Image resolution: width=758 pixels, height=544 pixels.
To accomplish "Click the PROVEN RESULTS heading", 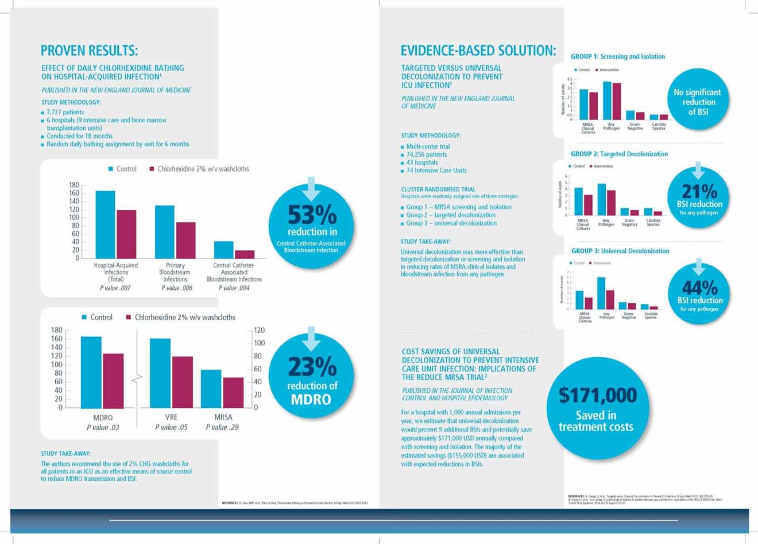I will point(90,51).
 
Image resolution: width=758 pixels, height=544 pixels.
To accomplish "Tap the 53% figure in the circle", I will point(312,215).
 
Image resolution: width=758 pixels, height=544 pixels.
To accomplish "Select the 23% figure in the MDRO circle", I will point(312,366).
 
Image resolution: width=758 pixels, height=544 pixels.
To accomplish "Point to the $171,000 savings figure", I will point(598,395).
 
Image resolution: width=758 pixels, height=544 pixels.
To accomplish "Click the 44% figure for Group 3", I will point(699,287).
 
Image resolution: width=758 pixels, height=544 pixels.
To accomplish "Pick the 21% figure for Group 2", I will point(699,191).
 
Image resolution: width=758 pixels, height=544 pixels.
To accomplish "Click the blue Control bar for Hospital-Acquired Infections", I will point(105,224).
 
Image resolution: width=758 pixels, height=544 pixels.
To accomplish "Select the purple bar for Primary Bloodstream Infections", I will point(185,240).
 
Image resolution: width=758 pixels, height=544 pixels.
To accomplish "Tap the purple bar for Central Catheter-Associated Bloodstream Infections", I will point(245,254).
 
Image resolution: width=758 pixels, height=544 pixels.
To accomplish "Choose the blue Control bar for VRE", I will point(160,373).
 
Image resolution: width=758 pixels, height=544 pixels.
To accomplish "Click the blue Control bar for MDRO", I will point(91,372).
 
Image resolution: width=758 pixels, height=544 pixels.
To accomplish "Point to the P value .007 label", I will point(115,288).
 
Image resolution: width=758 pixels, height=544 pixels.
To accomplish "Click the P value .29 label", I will point(223,427).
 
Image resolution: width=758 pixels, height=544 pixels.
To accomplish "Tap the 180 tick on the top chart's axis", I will point(74,185).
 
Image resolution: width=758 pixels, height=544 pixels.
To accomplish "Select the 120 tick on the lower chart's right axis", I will point(260,330).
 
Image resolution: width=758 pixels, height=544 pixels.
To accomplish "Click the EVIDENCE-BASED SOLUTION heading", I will point(478,51).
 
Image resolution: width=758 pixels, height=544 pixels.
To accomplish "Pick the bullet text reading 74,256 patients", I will point(426,155).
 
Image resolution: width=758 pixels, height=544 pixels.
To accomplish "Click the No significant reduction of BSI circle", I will point(697,102).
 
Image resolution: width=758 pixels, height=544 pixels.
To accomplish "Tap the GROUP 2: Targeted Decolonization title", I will point(619,154).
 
